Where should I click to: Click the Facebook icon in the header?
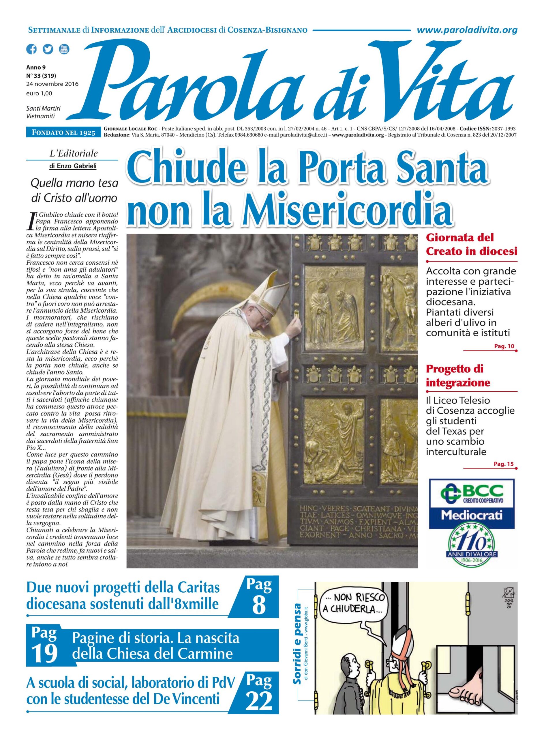(x=32, y=49)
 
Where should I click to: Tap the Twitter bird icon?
(x=48, y=49)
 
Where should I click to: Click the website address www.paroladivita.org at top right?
(x=467, y=30)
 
